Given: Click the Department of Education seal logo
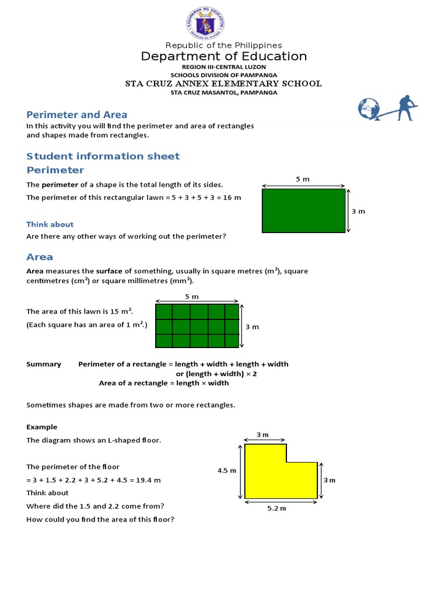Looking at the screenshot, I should click(x=204, y=24).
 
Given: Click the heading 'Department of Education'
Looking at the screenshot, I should click(x=223, y=56).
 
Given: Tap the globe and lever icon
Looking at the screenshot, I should click(x=388, y=109).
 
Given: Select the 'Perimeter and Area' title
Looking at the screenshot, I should click(x=76, y=114).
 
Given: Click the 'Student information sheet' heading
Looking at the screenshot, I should click(x=103, y=156).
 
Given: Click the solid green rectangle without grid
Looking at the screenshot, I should click(x=303, y=211).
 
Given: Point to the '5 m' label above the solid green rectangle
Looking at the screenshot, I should click(x=303, y=179).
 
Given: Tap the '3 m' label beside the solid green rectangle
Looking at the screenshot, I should click(x=358, y=211).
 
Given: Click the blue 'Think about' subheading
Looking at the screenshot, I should click(x=50, y=224).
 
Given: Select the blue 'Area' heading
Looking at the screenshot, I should click(x=40, y=257).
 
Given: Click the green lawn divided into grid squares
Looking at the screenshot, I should click(x=197, y=326).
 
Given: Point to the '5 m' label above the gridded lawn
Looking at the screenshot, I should click(x=192, y=297).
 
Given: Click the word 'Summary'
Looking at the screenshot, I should click(x=44, y=364).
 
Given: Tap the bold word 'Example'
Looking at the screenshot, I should click(x=41, y=427).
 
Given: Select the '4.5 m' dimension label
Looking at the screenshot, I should click(x=226, y=471).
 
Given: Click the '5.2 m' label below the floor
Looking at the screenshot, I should click(x=277, y=508).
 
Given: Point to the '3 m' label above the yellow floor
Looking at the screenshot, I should click(x=262, y=434).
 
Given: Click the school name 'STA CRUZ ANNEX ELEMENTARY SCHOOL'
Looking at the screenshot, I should click(x=223, y=84).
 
